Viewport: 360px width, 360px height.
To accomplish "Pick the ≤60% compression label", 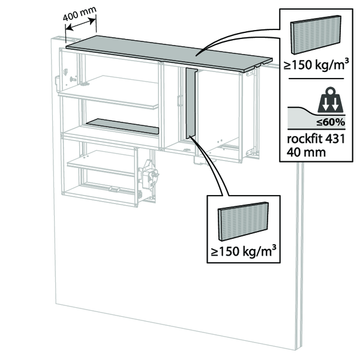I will [x=334, y=122].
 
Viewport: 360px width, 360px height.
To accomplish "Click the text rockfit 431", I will [x=316, y=139].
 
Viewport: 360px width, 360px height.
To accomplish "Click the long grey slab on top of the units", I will [x=168, y=52].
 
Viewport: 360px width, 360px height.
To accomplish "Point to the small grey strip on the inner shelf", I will [x=123, y=126].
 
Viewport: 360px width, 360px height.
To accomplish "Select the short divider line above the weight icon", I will [x=317, y=79].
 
